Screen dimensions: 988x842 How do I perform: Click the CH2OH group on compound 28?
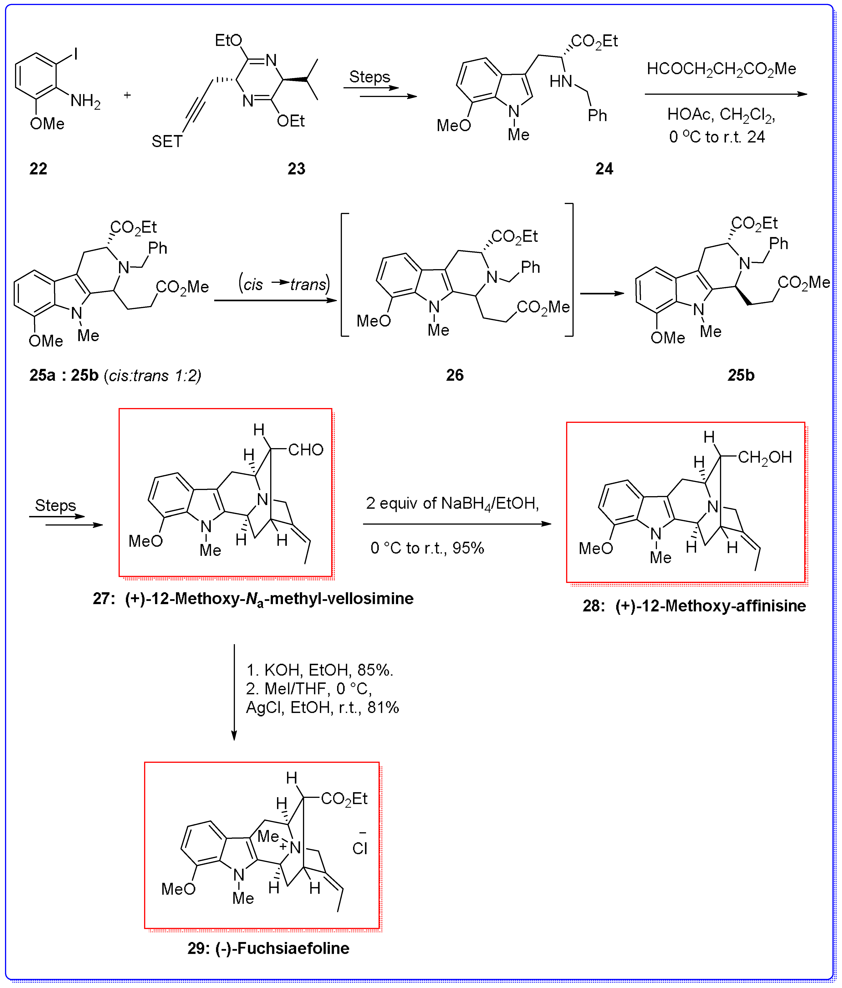[765, 457]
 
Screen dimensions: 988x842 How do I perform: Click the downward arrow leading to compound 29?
[234, 691]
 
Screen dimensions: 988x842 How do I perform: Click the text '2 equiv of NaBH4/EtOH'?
[452, 503]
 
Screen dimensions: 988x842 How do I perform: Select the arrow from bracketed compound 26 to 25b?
[602, 293]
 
